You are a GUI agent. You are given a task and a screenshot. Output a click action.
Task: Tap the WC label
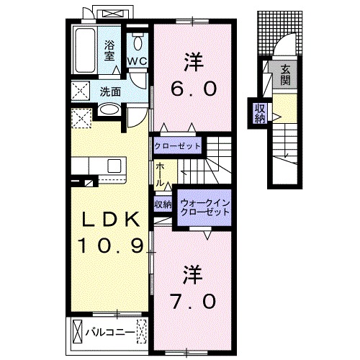click(138, 61)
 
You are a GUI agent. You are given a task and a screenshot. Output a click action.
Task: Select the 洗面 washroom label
click(110, 91)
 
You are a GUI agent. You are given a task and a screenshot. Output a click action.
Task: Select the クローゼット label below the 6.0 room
click(177, 145)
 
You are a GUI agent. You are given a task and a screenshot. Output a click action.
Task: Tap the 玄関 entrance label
click(285, 75)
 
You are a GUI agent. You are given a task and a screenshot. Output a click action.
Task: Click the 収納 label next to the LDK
click(163, 204)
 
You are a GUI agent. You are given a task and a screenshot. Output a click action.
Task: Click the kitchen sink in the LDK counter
click(114, 167)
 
